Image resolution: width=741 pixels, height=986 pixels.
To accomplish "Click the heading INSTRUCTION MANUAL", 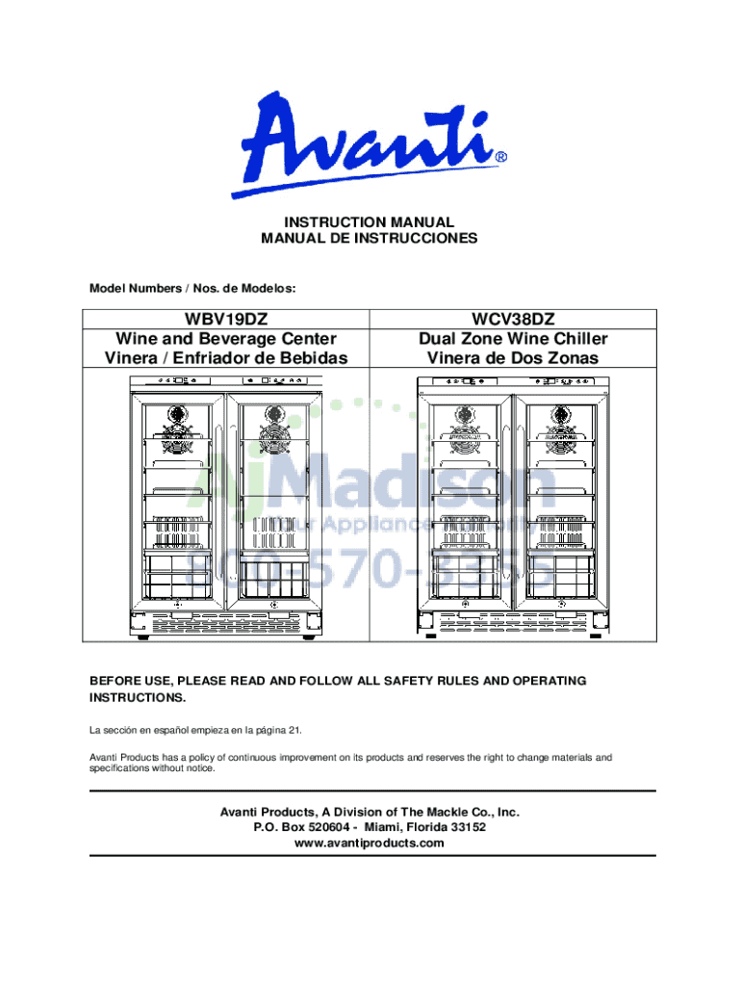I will click(x=370, y=222).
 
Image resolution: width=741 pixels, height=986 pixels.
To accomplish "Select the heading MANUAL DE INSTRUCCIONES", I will click(x=370, y=239).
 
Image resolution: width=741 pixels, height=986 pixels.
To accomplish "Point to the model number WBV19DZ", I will click(x=226, y=320).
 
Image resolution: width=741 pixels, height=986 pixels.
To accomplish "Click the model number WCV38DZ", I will click(x=513, y=320).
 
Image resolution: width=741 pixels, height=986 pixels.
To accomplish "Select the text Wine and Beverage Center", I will click(x=226, y=339).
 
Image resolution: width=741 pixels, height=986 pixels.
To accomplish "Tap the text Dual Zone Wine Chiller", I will click(x=513, y=339).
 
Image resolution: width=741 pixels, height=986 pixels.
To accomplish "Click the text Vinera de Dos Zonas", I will click(x=513, y=358).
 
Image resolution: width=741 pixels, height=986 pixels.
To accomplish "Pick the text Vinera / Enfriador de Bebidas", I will click(x=226, y=358).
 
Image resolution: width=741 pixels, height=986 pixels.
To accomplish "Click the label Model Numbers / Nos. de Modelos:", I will click(x=192, y=288).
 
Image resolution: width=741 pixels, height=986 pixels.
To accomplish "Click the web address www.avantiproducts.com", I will click(x=370, y=843).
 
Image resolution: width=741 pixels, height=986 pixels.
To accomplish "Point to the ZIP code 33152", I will click(x=466, y=827).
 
